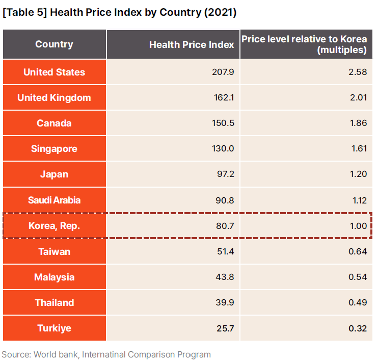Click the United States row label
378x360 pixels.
(x=54, y=72)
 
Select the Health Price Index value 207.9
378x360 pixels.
(x=223, y=72)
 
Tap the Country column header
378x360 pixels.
(x=54, y=44)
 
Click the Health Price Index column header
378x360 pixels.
(x=192, y=44)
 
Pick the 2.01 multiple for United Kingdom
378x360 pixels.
(x=358, y=98)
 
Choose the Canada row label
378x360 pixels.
(x=54, y=123)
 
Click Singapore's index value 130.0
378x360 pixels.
(x=223, y=149)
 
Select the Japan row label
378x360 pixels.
(x=54, y=174)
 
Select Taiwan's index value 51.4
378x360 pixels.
(x=225, y=251)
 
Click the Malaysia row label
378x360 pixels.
(x=54, y=277)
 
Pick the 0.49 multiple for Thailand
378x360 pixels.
(x=358, y=303)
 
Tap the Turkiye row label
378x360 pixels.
(x=54, y=328)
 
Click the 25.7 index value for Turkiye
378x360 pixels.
(x=224, y=328)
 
